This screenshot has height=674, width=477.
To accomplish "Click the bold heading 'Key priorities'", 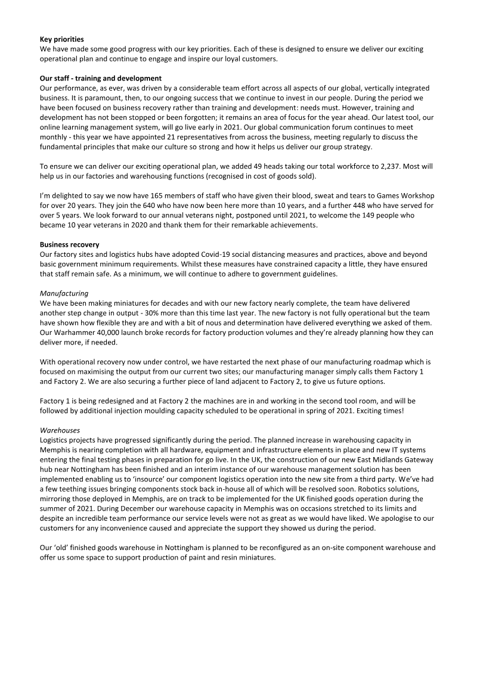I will (x=61, y=38).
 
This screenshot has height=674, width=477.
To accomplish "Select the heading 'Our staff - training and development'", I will (x=101, y=78).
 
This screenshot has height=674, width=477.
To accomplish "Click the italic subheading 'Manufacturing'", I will (x=64, y=293).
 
